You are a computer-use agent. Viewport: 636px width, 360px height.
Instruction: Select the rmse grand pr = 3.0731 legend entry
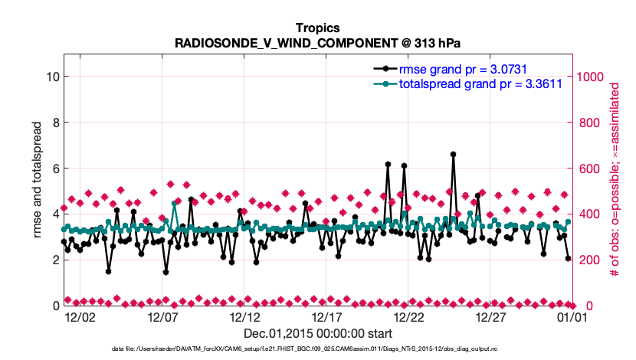click(x=461, y=68)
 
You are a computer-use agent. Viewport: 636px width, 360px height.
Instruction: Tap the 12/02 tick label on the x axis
click(x=80, y=316)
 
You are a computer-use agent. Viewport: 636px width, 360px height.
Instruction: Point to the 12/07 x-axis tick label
click(x=162, y=316)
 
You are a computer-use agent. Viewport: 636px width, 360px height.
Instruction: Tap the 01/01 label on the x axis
click(x=572, y=316)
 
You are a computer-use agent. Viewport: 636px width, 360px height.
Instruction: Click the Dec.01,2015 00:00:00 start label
click(x=317, y=333)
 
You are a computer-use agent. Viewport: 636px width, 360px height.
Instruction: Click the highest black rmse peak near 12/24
click(x=453, y=154)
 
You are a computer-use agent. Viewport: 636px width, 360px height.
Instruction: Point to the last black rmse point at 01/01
click(x=568, y=259)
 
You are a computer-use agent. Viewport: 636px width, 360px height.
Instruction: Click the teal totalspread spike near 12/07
click(x=175, y=204)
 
